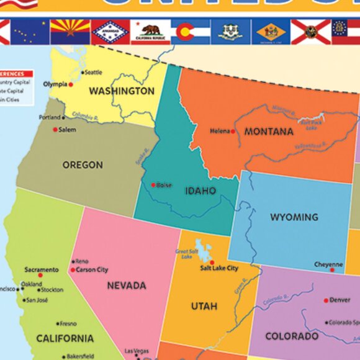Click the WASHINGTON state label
122,91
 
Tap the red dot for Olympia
71,84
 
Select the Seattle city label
93,73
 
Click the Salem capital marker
55,130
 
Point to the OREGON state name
83,165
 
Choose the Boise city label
164,185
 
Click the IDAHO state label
200,191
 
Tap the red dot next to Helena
233,132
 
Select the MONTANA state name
269,132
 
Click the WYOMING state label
294,217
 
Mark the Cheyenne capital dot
333,270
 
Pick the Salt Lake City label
219,268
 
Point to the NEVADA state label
127,286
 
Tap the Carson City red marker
73,270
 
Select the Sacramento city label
42,269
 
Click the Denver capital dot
325,300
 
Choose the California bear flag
150,31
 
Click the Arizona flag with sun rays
70,31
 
